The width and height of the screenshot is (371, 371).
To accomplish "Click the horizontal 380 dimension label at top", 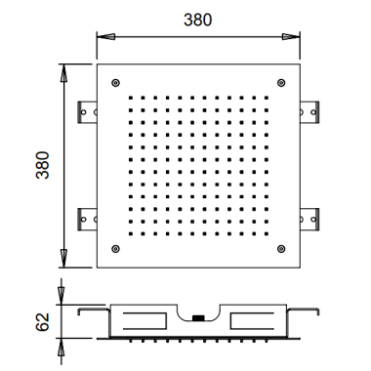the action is pos(197,20).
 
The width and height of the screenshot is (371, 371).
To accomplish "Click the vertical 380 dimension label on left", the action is pos(43,165).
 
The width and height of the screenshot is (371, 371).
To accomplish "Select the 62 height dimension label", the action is pos(43,322).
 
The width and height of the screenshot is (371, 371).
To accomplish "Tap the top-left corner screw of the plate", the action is pos(115,83).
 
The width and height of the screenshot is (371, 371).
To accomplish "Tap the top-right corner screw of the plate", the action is pos(281,83).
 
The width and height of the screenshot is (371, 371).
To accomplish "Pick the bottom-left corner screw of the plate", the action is pos(115,249).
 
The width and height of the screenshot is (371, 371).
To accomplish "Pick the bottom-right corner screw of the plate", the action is pos(281,249).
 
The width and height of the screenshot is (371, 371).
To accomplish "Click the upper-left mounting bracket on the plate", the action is pos(87,112).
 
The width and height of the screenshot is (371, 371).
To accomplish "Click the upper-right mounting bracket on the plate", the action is pos(309,112).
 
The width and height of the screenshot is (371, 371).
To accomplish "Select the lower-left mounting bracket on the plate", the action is pos(87,220).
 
